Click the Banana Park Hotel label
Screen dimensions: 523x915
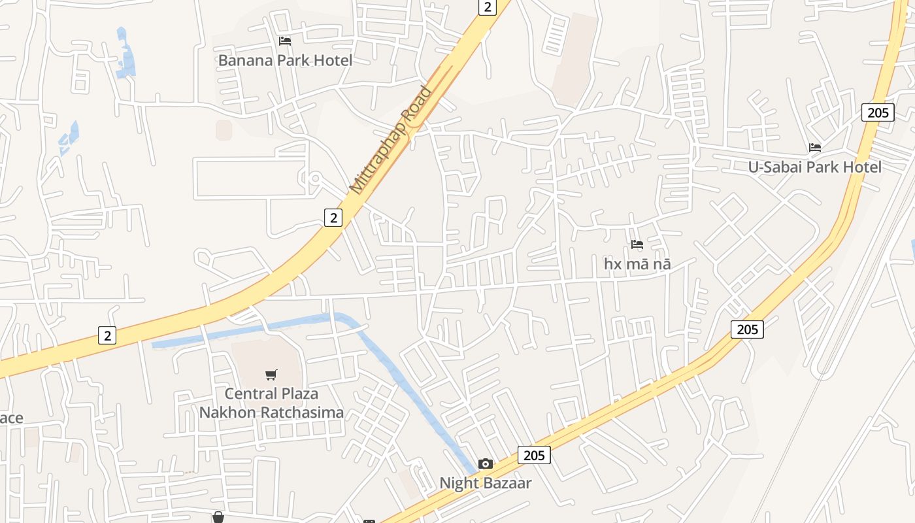pos(285,61)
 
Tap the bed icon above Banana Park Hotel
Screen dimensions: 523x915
pos(285,41)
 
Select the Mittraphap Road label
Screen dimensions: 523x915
pos(391,140)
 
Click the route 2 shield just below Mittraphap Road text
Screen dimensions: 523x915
pos(333,218)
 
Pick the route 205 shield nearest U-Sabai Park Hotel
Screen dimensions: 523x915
pos(877,112)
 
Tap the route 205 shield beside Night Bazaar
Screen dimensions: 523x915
pos(534,455)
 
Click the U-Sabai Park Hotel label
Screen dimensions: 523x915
pos(814,167)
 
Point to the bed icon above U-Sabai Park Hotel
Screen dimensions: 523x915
pos(814,148)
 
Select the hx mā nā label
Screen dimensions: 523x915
pos(637,264)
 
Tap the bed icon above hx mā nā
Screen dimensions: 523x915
pos(637,245)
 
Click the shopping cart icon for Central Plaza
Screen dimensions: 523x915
pos(271,375)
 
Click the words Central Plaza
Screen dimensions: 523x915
pos(271,394)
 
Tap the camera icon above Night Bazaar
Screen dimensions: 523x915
pos(485,464)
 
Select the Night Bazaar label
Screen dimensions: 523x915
pos(485,483)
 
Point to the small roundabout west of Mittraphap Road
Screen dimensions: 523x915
pos(314,178)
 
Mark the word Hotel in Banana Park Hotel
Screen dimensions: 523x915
pos(331,61)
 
